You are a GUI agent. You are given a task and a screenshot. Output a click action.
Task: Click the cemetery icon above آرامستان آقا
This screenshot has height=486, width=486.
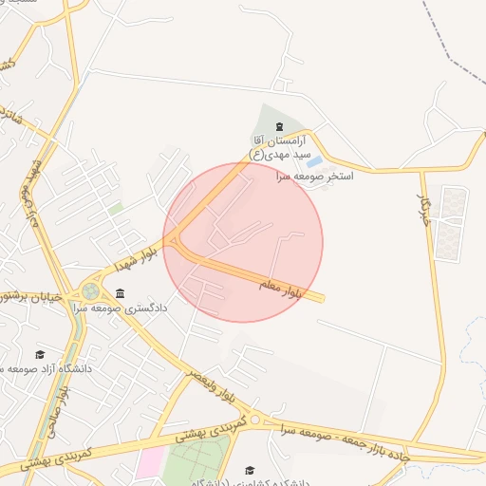click(278, 126)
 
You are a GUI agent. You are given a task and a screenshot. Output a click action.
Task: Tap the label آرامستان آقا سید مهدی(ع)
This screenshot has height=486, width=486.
click(279, 146)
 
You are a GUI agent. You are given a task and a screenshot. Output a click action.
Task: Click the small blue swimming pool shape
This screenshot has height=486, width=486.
click(313, 162)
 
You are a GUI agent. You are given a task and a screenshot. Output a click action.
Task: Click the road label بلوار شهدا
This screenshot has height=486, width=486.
click(133, 255)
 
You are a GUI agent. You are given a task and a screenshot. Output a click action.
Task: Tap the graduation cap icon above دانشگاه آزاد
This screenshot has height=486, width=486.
click(39, 353)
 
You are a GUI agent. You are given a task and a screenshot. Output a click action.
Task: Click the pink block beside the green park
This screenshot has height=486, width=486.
click(148, 463)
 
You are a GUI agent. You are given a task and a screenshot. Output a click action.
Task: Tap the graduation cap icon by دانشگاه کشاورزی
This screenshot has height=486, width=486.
click(250, 470)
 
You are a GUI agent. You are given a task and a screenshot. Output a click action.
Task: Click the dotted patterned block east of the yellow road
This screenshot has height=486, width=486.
click(451, 222)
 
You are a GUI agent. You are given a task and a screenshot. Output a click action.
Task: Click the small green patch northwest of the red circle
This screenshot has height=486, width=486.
click(116, 208)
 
